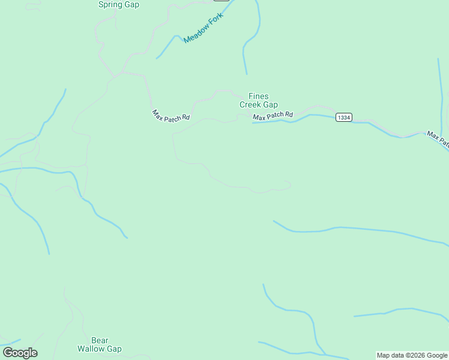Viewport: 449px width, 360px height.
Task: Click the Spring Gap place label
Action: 118,5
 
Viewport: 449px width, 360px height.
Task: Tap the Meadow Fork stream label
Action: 203,28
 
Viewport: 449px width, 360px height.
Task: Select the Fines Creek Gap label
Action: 259,100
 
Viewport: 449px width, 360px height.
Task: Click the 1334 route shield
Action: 344,117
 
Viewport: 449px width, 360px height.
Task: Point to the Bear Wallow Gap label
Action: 100,344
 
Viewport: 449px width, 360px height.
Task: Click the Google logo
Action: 20,353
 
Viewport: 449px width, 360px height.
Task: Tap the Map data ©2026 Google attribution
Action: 412,355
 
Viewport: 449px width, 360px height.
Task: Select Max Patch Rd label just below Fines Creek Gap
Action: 273,115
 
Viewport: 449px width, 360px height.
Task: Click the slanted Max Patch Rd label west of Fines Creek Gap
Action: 170,115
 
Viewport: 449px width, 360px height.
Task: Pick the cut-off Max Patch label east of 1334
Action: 438,140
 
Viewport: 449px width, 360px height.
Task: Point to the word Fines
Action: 259,96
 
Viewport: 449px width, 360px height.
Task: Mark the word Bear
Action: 100,340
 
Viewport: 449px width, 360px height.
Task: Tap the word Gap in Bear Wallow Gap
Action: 115,349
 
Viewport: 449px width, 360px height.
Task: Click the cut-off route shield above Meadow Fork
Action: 221,1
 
